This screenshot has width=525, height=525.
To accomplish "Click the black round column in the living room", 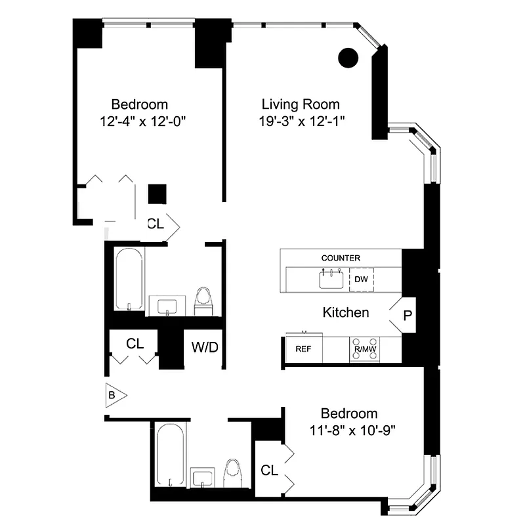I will (x=348, y=58).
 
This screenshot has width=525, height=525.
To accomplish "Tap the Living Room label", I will (x=301, y=104).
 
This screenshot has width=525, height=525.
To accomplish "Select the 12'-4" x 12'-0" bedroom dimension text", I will (x=139, y=121).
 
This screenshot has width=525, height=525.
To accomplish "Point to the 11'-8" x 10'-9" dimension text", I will (x=348, y=430).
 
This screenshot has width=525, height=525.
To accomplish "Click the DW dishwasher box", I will (x=361, y=280).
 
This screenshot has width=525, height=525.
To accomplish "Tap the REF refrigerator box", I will (x=303, y=349).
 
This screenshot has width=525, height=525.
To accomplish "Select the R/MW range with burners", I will (x=364, y=350).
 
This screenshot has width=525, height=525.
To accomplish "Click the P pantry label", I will (x=407, y=316).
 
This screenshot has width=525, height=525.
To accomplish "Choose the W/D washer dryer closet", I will (x=205, y=347).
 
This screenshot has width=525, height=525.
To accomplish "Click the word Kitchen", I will (x=345, y=312).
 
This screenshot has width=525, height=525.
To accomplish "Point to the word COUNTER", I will (x=341, y=258).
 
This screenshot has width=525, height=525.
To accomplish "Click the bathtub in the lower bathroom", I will (x=171, y=455).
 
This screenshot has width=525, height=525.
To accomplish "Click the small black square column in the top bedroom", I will (x=157, y=194).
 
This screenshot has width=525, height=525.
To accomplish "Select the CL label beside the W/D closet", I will (x=135, y=343).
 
